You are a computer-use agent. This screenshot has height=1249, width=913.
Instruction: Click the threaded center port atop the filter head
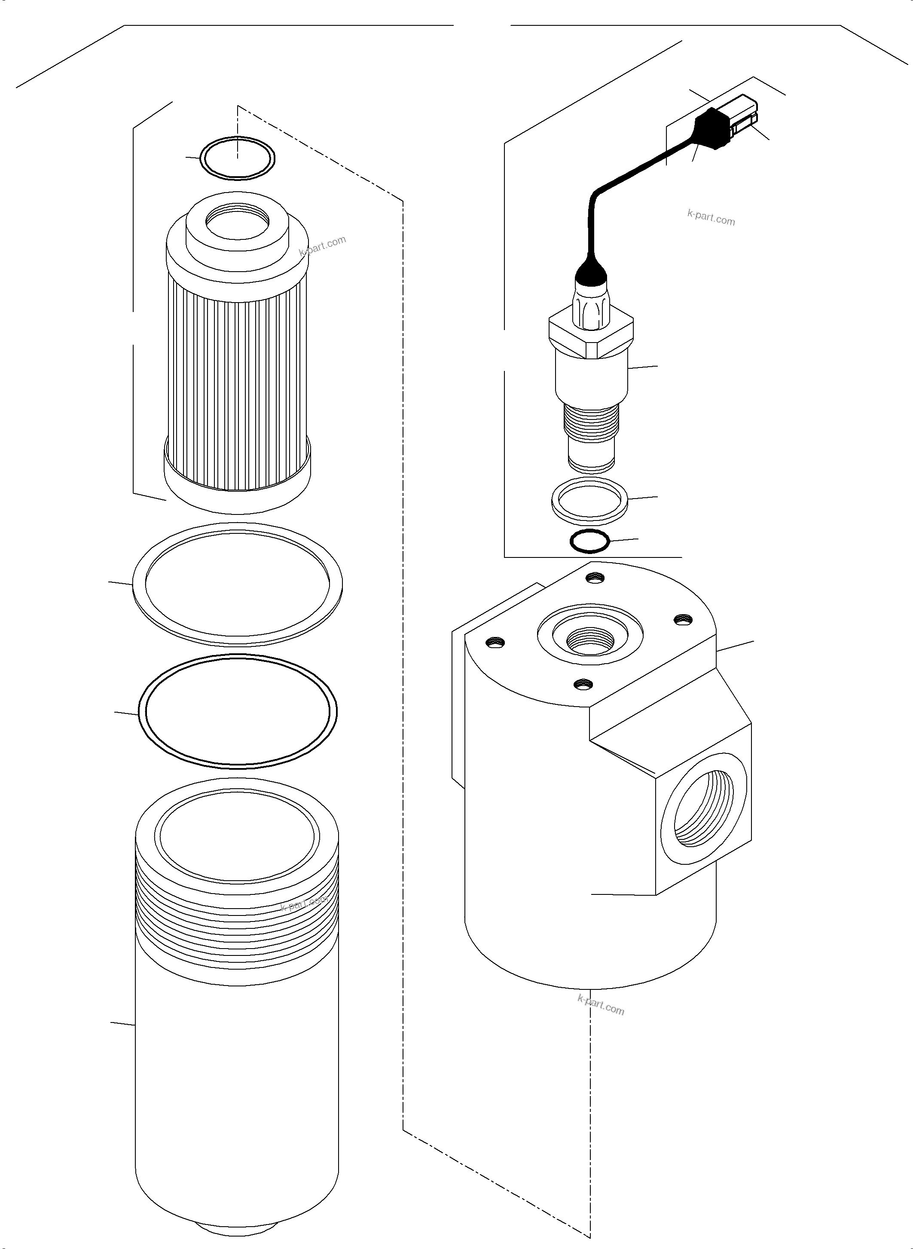(x=590, y=641)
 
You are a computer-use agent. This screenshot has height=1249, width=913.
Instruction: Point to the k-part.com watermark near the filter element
(x=322, y=245)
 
